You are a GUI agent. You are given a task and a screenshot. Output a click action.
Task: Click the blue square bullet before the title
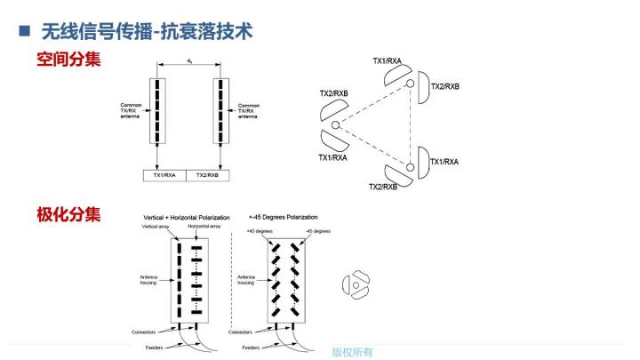pyautogui.click(x=25, y=31)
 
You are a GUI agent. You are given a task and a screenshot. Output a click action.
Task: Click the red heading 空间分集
pyautogui.click(x=68, y=60)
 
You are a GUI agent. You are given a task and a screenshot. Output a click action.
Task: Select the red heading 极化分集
pyautogui.click(x=68, y=214)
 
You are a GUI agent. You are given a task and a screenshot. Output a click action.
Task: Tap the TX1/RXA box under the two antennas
pyautogui.click(x=162, y=175)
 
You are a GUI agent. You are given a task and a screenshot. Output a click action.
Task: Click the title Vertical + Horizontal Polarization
pyautogui.click(x=187, y=217)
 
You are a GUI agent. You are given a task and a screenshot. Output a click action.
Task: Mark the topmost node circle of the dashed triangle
pyautogui.click(x=411, y=84)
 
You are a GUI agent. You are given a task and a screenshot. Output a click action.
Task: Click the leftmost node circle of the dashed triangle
pyautogui.click(x=336, y=125)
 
